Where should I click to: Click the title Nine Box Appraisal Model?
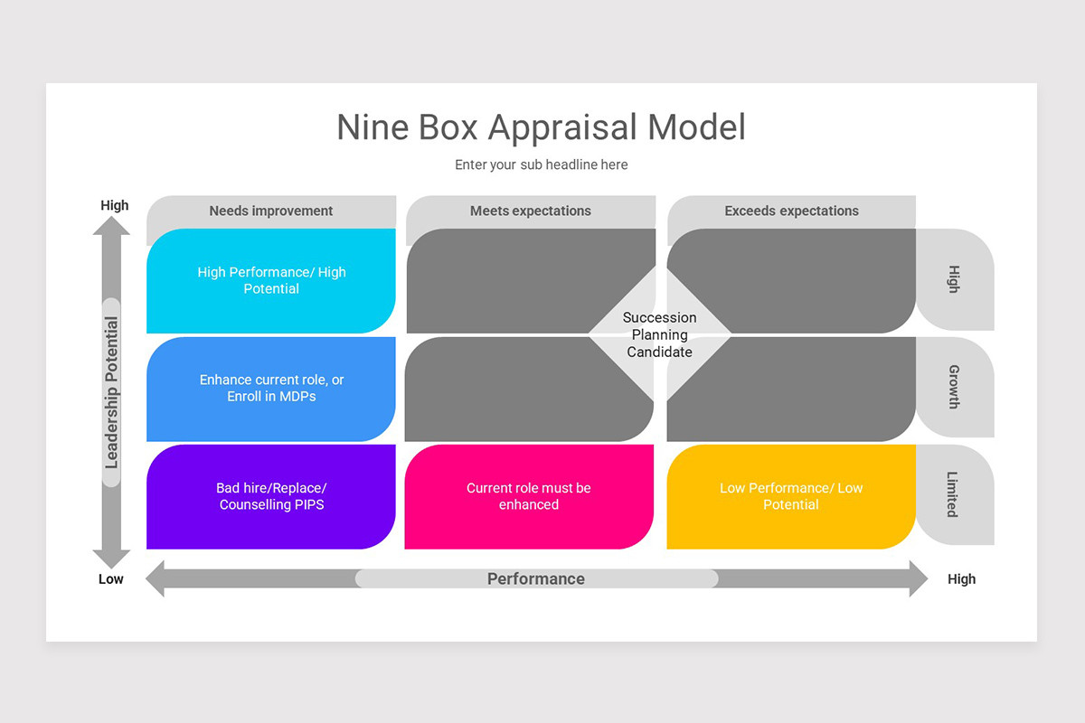click(541, 127)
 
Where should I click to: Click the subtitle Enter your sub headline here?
click(541, 164)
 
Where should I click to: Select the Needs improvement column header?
click(271, 211)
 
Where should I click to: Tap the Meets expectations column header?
click(531, 211)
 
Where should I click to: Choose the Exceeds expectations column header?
click(791, 211)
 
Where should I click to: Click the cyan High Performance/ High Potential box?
click(271, 280)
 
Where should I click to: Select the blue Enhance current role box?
click(271, 389)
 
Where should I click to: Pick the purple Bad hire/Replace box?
click(271, 496)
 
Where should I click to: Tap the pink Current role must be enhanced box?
click(529, 496)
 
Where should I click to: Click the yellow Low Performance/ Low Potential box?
click(791, 496)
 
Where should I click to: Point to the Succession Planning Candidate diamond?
click(660, 334)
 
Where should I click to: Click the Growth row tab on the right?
click(954, 387)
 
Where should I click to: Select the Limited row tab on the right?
click(954, 494)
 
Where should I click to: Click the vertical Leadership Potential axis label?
click(111, 392)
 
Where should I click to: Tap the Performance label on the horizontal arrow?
click(536, 579)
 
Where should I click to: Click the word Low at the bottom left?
click(111, 579)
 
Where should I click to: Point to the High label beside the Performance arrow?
click(961, 579)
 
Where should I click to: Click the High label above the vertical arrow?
click(115, 205)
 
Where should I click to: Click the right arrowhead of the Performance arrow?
click(917, 578)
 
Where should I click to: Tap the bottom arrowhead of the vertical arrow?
click(111, 559)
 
